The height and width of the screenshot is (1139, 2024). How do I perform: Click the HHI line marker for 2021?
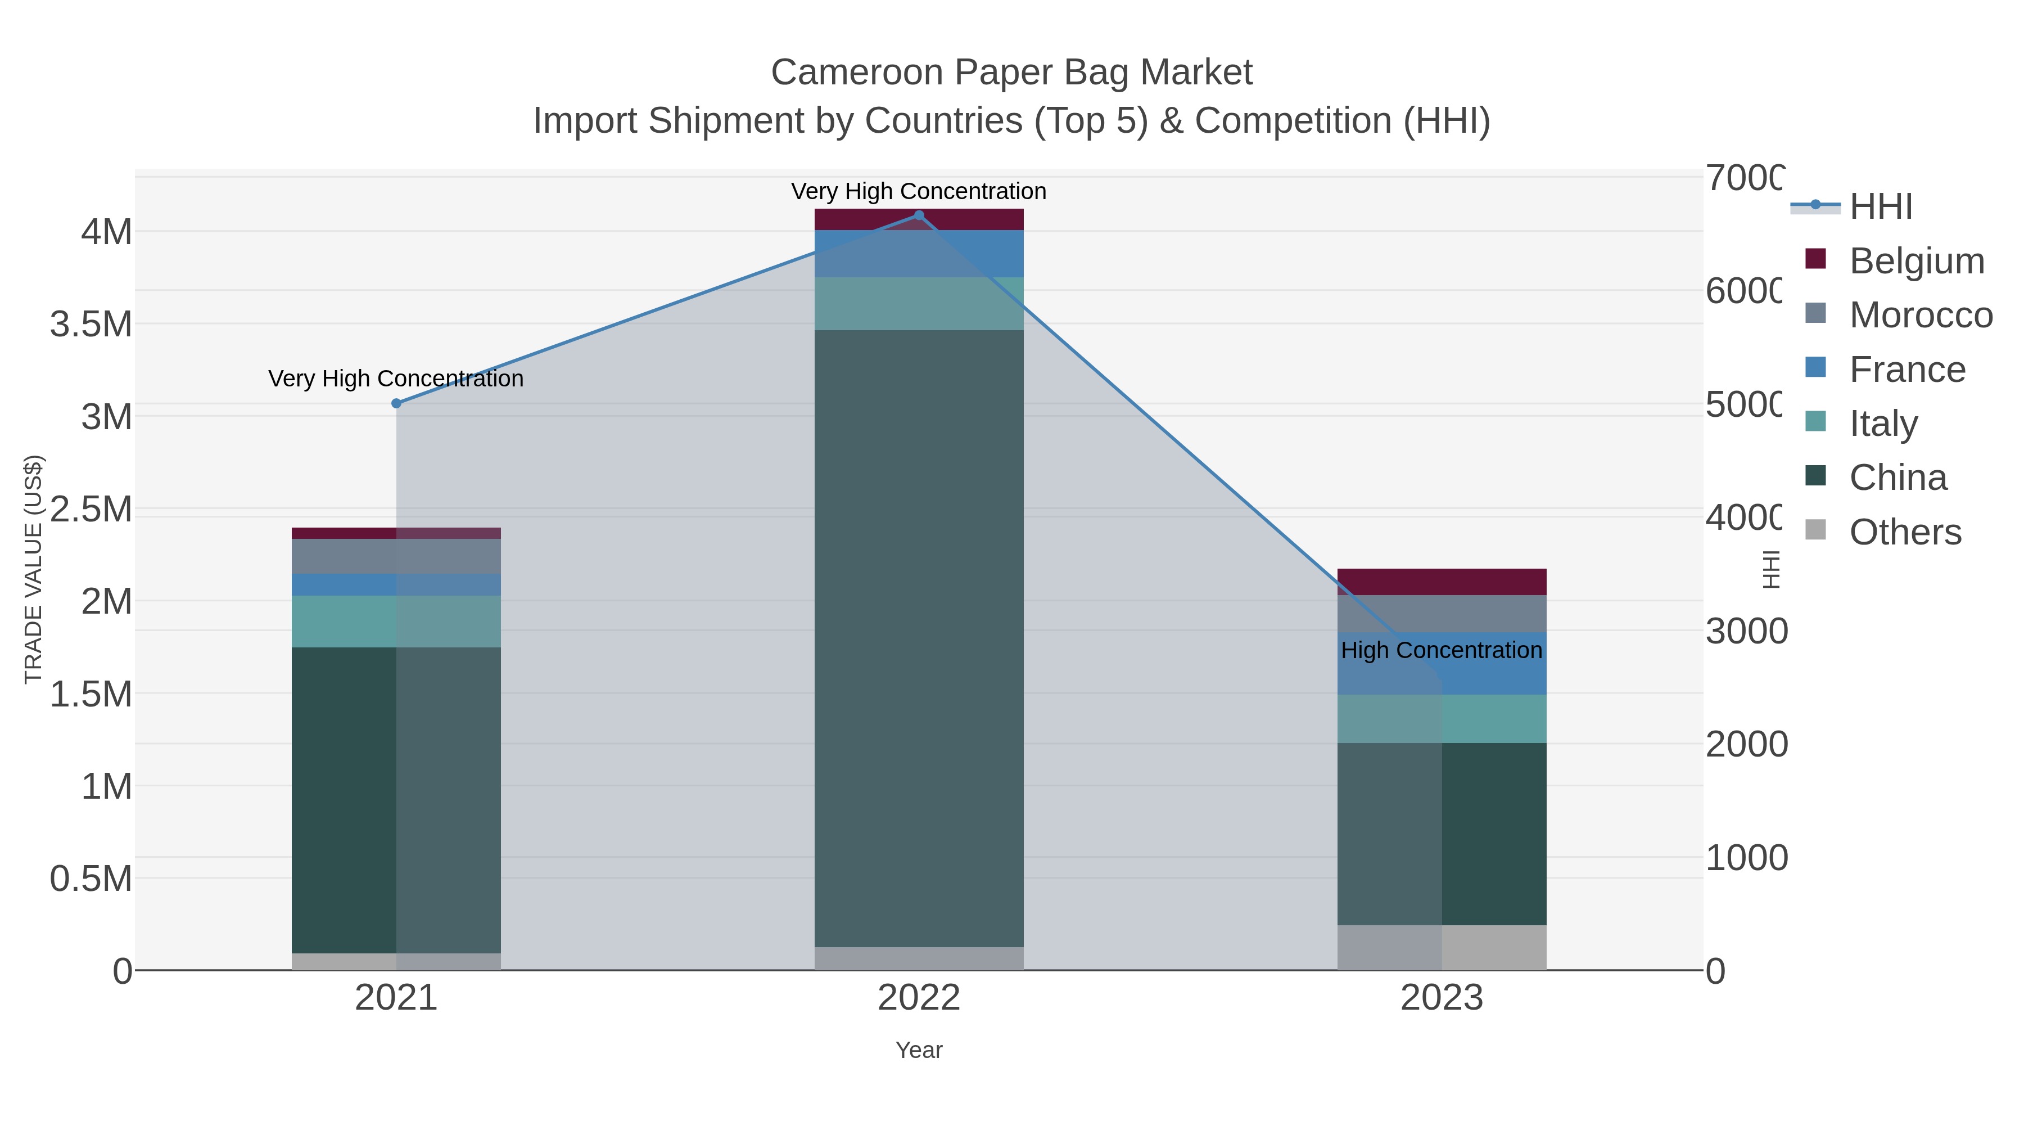point(396,403)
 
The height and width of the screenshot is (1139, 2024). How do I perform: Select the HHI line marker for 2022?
point(919,215)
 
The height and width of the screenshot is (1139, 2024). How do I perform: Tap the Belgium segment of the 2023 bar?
point(1441,582)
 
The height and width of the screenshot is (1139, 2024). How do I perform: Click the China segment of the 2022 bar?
point(919,637)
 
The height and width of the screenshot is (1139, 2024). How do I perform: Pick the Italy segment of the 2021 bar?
point(396,621)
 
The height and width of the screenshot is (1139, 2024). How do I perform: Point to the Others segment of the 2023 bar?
point(1441,947)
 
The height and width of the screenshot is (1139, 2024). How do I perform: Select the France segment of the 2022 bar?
point(919,253)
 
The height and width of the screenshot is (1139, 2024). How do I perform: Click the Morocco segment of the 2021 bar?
point(396,556)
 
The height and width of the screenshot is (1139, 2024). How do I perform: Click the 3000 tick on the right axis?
point(1746,631)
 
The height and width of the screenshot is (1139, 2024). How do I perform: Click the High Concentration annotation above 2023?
point(1441,651)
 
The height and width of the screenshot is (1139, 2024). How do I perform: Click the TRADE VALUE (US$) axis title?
point(33,569)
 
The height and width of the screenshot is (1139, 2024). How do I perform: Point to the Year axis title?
point(919,1050)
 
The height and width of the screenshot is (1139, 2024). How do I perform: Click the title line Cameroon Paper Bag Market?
point(1011,73)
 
